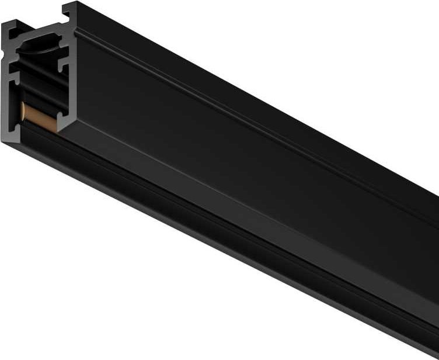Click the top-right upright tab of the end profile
point(69,12)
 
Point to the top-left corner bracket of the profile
point(13,29)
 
